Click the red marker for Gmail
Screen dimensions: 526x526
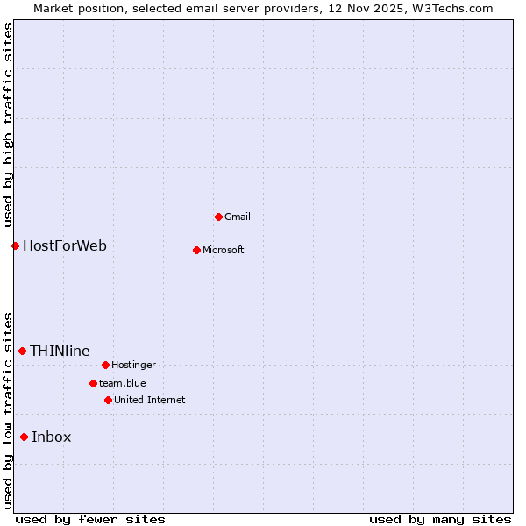218,217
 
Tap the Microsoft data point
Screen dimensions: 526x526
196,250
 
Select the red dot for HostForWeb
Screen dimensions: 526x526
15,245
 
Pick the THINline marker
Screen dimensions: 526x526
22,351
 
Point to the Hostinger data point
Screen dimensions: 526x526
105,365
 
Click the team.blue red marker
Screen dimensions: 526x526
93,383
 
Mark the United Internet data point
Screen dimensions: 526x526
108,400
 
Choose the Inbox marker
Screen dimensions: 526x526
24,437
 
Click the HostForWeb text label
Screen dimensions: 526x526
65,245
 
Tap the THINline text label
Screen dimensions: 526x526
60,351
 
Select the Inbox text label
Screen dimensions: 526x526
52,437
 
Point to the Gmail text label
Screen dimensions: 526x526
238,217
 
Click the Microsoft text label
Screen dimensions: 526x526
224,250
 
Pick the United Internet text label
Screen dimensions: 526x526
150,400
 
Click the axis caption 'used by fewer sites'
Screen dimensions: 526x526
90,519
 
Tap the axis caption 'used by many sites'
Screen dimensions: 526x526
440,519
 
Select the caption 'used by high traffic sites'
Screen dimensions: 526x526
8,124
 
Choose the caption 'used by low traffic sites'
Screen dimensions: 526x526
8,410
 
